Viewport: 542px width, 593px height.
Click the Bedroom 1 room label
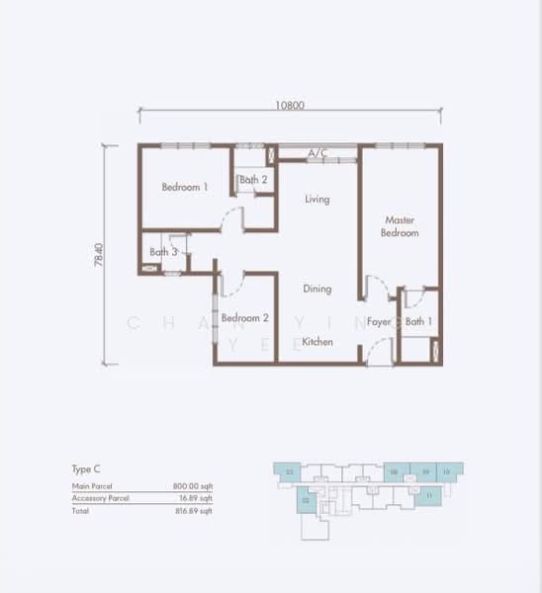pyautogui.click(x=185, y=187)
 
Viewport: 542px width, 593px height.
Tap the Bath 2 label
pyautogui.click(x=253, y=180)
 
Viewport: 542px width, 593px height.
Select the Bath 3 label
pyautogui.click(x=164, y=252)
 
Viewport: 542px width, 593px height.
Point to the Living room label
pyautogui.click(x=316, y=200)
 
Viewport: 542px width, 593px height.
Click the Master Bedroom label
pyautogui.click(x=401, y=226)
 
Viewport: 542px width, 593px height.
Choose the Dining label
pyautogui.click(x=316, y=290)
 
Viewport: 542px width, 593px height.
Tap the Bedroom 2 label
pyautogui.click(x=245, y=318)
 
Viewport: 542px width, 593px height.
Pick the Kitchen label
pyautogui.click(x=316, y=342)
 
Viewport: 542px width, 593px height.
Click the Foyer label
pyautogui.click(x=380, y=321)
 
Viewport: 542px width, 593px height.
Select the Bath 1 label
pyautogui.click(x=419, y=321)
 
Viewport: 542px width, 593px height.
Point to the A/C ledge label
pyautogui.click(x=317, y=153)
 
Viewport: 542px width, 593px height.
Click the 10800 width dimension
pyautogui.click(x=290, y=102)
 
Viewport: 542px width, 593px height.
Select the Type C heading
pyautogui.click(x=86, y=469)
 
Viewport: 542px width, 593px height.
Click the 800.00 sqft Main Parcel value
pyautogui.click(x=193, y=487)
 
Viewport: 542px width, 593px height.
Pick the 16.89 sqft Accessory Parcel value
pyautogui.click(x=195, y=499)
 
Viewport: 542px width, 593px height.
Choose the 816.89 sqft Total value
pyautogui.click(x=193, y=511)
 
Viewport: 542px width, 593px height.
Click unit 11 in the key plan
pyautogui.click(x=429, y=494)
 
